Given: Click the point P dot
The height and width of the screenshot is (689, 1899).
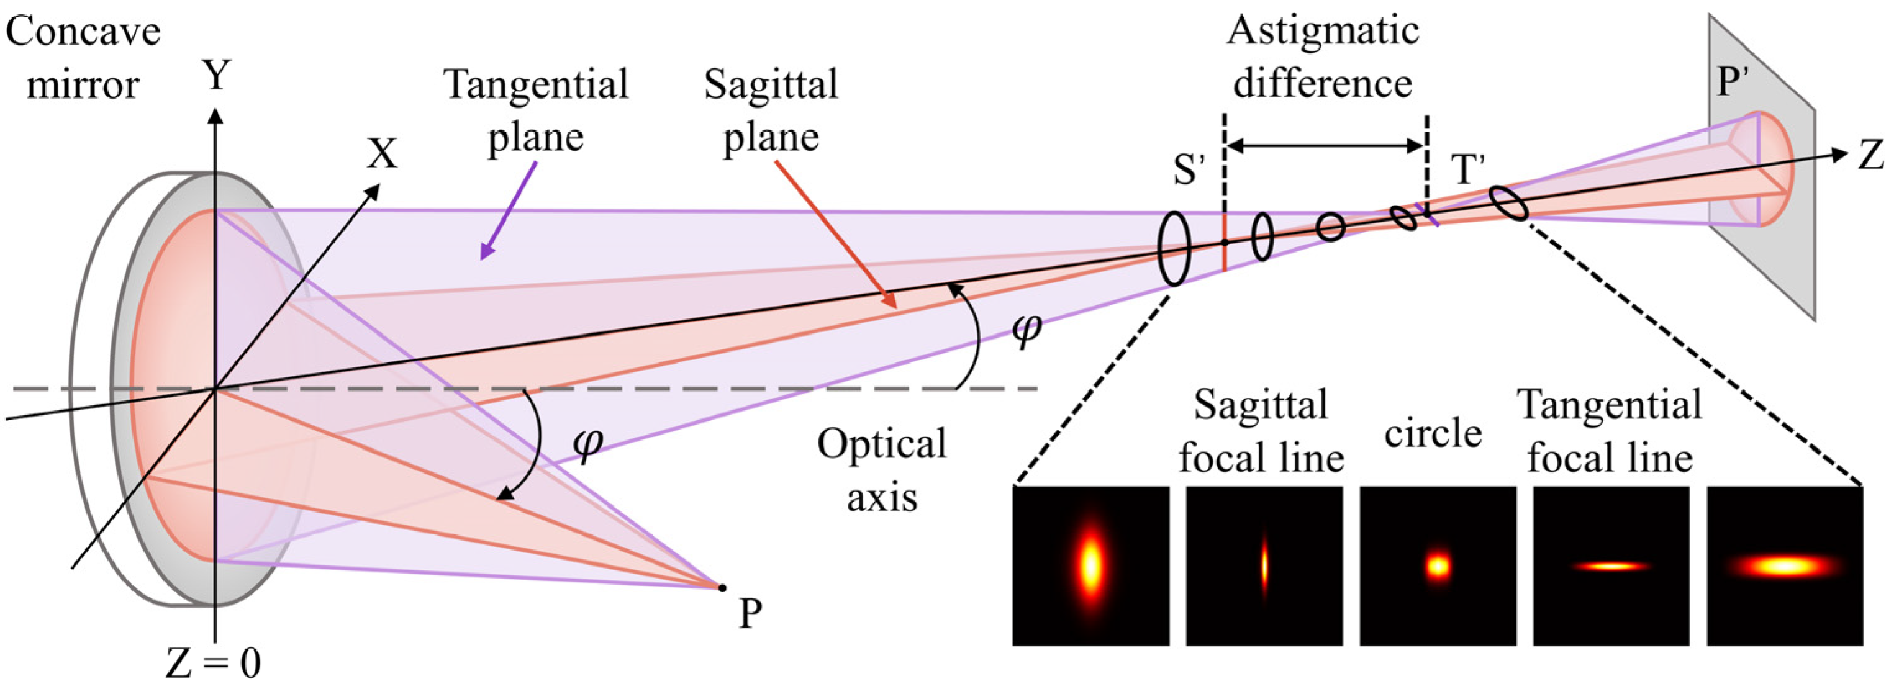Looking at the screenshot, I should pyautogui.click(x=722, y=587).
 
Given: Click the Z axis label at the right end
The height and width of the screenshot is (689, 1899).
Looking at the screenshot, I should pyautogui.click(x=1870, y=156).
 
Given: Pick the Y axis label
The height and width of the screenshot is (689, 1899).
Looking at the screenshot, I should pyautogui.click(x=216, y=76).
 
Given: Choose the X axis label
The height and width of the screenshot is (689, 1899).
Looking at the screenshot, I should pyautogui.click(x=383, y=155).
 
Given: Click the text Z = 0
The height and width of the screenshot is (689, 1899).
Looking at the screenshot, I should pyautogui.click(x=213, y=663).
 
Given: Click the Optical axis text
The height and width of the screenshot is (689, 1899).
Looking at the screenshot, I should pyautogui.click(x=882, y=470).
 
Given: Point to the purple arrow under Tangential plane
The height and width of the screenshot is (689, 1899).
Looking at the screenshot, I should pyautogui.click(x=509, y=210).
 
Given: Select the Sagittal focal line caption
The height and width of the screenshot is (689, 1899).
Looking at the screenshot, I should pyautogui.click(x=1261, y=431).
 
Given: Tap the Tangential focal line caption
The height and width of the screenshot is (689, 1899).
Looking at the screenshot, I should pyautogui.click(x=1609, y=431).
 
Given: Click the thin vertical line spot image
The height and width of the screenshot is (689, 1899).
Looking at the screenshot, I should pyautogui.click(x=1264, y=566).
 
